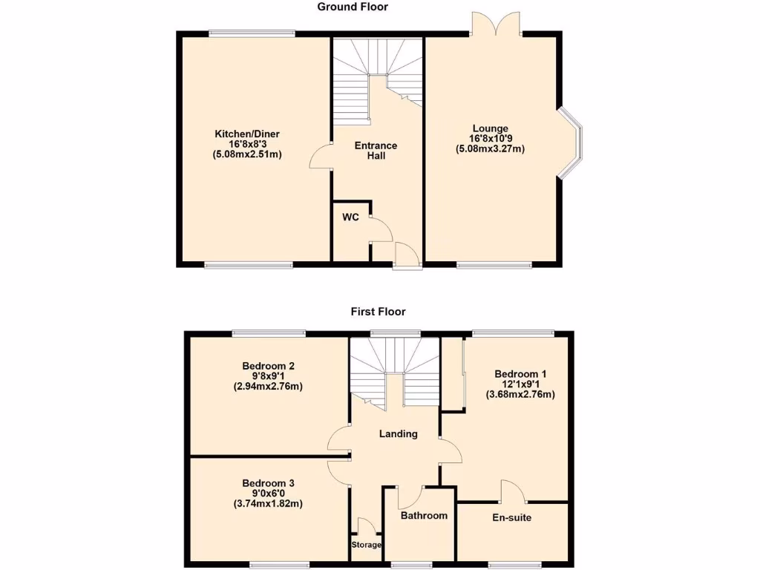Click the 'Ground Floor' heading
pos(353,7)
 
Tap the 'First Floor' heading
pos(378,312)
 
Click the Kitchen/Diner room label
pos(247,134)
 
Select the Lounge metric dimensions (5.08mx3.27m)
pos(490,148)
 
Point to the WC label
pos(350,217)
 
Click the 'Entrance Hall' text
pos(376,151)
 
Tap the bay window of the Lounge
pos(571,143)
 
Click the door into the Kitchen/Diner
pos(320,157)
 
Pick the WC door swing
pos(381,229)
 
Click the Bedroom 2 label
pos(268,366)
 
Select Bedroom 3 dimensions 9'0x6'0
pos(268,493)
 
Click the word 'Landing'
pos(398,434)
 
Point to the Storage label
pos(366,545)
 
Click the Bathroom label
pos(424,515)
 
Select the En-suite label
pos(512,517)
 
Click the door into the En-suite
pos(514,491)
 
